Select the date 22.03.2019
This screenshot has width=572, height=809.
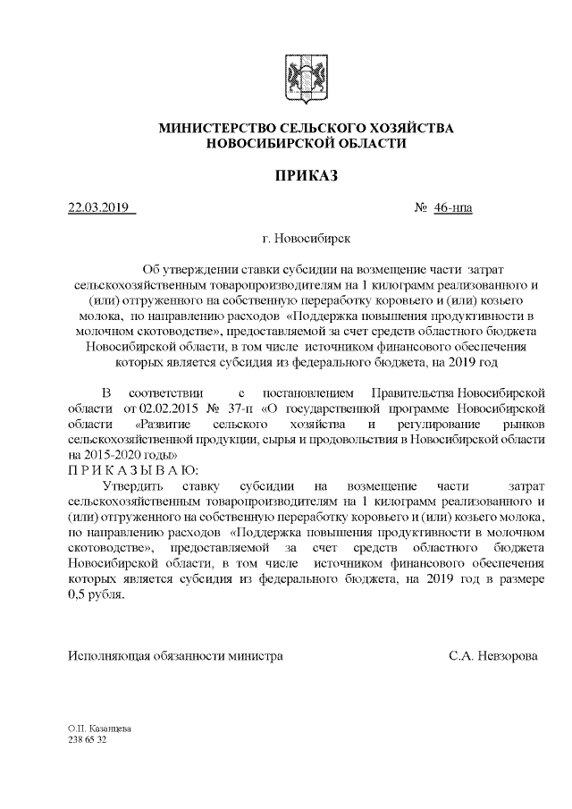[99, 209]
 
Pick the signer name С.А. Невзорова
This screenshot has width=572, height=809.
[493, 655]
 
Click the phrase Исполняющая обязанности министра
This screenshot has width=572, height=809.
[176, 655]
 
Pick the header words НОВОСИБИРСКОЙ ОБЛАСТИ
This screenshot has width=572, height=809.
[306, 143]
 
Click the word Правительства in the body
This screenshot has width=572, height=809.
[411, 392]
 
